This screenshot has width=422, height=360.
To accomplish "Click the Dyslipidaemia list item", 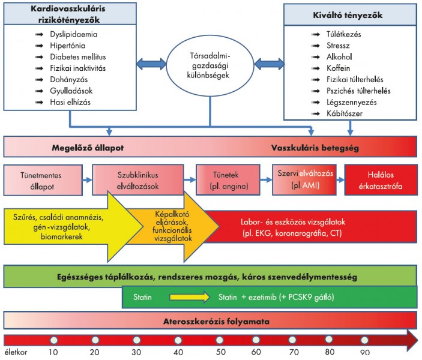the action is (x=73, y=34).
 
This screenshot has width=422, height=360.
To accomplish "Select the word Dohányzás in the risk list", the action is (x=69, y=80).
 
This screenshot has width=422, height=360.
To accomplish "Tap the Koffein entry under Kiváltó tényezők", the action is (x=339, y=68).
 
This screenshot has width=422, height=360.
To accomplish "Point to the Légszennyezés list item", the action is (x=352, y=103).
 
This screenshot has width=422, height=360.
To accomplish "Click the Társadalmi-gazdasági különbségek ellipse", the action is (x=210, y=65).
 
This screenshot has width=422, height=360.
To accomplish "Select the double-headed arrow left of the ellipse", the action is (x=151, y=64).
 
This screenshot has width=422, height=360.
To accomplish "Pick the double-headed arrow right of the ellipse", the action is (x=269, y=64).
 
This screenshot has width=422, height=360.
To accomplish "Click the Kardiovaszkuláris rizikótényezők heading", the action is (x=68, y=14).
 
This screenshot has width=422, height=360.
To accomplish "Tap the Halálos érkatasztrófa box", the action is (x=381, y=180).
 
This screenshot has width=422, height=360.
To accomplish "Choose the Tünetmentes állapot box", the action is (x=43, y=180).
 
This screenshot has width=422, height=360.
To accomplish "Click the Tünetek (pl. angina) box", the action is (x=228, y=180).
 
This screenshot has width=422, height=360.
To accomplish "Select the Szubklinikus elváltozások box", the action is (x=138, y=180).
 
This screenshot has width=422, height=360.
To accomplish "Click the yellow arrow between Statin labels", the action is (x=190, y=298).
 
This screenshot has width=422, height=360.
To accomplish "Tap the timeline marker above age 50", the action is (x=220, y=340).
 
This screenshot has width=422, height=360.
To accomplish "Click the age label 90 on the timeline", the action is (x=365, y=352).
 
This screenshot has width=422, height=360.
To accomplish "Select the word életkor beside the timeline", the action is (x=16, y=352).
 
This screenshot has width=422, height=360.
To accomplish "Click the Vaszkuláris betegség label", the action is (x=315, y=148).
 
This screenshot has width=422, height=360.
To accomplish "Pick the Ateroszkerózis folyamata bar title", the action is (x=216, y=322).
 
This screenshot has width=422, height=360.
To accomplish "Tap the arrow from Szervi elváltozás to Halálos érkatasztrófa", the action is (x=340, y=180).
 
